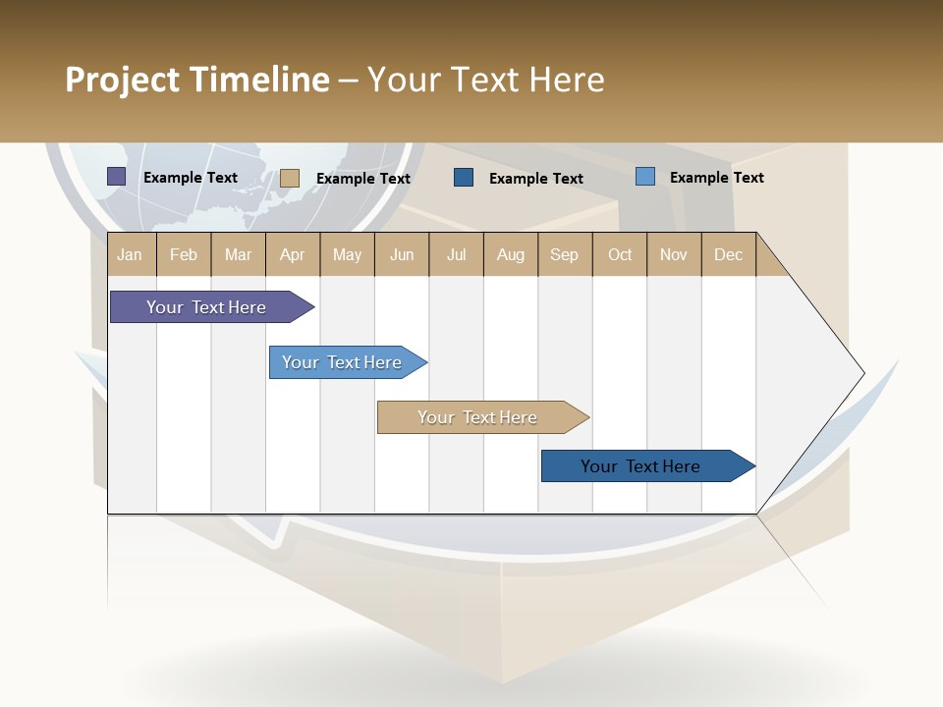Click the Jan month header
point(131,254)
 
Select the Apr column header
point(293,254)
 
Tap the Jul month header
point(456,254)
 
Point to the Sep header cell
point(565,254)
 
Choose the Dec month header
point(728,254)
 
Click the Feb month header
point(184,254)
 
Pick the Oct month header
point(620,254)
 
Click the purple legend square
point(117,177)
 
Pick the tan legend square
point(290,178)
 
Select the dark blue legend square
point(464,178)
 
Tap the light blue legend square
point(645,177)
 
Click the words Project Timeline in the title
point(197,80)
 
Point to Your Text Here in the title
point(485,80)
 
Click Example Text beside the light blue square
point(716,178)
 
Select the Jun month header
point(402,254)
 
